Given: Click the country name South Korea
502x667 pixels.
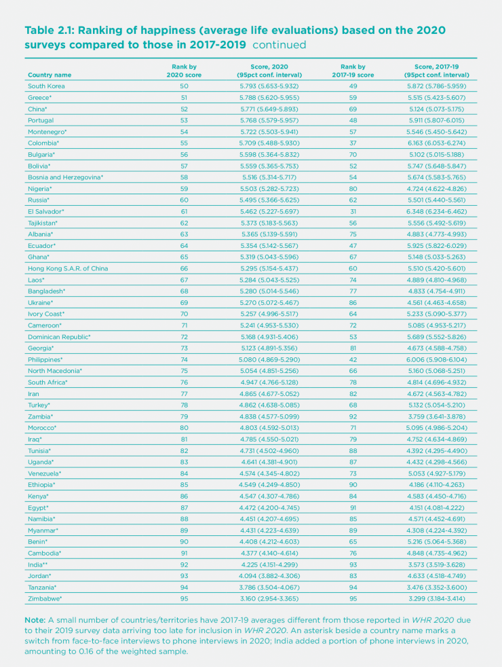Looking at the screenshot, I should click(x=45, y=86).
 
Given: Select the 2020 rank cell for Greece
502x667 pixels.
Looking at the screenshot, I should click(x=184, y=98).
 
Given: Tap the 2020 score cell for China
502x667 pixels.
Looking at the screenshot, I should click(x=269, y=109).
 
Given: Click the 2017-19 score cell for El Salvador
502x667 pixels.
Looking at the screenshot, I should click(x=437, y=211).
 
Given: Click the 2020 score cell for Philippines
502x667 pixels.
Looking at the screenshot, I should click(x=269, y=359).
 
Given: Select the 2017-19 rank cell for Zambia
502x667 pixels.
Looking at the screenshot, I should click(x=353, y=416).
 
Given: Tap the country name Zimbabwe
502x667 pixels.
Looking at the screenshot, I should click(x=45, y=598).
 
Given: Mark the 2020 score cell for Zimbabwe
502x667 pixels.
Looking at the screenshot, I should click(x=269, y=598).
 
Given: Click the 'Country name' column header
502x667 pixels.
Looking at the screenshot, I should click(x=50, y=74).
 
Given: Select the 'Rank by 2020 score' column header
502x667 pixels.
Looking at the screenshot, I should click(x=184, y=71).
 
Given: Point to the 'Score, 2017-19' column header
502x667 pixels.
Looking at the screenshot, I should click(x=437, y=71).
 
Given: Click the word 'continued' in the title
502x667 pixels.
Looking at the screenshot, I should click(x=281, y=46).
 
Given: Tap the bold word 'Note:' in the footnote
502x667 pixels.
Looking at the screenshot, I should click(x=35, y=620).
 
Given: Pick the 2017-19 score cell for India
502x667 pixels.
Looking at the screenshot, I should click(x=437, y=564).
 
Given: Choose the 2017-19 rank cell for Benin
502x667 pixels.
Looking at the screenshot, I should click(x=353, y=541).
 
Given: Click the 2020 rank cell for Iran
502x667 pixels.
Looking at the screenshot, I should click(x=184, y=393).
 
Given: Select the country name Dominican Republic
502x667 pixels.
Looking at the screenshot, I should click(x=59, y=337).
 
